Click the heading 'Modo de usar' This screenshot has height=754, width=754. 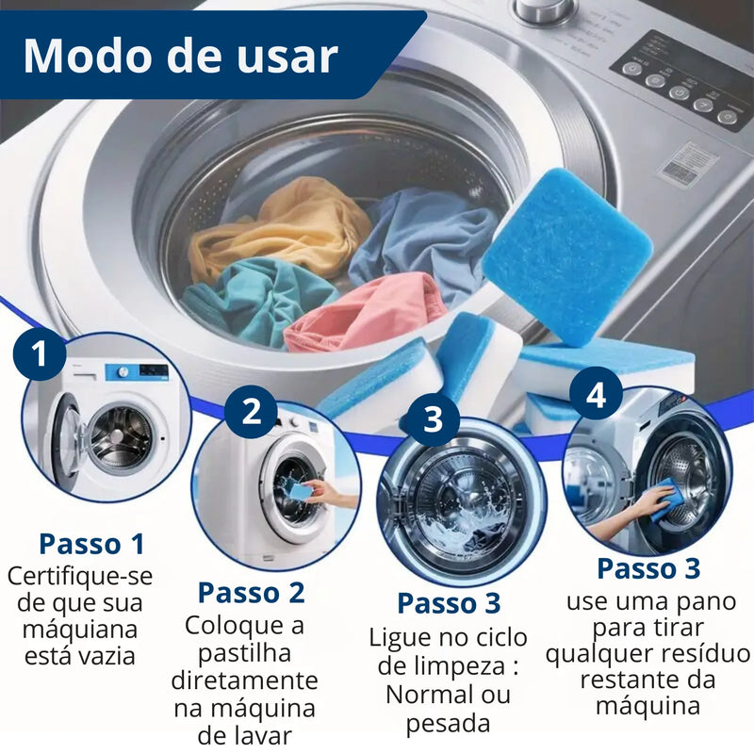(x=179, y=56)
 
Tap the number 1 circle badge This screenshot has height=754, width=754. (x=39, y=354)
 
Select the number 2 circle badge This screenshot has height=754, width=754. (x=251, y=412)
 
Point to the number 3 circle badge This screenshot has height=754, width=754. (x=433, y=418)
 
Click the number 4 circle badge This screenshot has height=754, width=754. (x=596, y=395)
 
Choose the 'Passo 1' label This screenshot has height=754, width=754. (x=92, y=544)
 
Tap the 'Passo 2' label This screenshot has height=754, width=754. (x=251, y=593)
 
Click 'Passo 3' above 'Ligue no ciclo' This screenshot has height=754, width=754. (x=449, y=603)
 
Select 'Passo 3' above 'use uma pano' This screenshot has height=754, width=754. (x=648, y=569)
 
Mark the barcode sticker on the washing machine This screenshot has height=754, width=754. (x=688, y=164)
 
